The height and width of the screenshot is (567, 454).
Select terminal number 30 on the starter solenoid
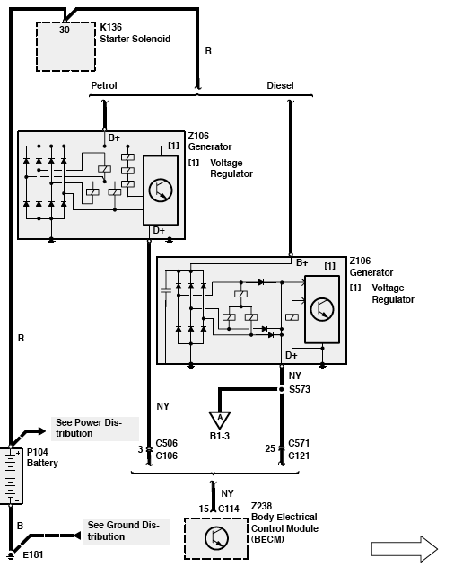click(65, 30)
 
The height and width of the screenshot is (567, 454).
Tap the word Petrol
click(104, 85)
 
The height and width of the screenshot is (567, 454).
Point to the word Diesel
click(280, 85)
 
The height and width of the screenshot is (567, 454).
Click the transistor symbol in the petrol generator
click(161, 190)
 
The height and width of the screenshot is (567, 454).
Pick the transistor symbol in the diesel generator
click(322, 309)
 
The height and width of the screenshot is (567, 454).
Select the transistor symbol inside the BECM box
click(216, 538)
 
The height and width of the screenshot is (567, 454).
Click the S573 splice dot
click(282, 389)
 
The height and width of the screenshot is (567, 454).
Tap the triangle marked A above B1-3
click(220, 420)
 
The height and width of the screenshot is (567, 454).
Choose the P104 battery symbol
click(11, 476)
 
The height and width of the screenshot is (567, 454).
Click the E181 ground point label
click(33, 554)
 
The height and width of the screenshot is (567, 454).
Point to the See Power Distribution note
click(89, 428)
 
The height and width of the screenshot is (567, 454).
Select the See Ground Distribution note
click(123, 530)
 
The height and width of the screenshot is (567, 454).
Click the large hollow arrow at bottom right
click(405, 549)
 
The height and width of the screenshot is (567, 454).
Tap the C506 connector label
click(167, 443)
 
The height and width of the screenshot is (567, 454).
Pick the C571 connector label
click(299, 443)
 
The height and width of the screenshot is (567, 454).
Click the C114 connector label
click(229, 509)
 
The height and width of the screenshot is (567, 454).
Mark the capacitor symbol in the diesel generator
click(165, 290)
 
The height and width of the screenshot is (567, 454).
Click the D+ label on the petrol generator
click(159, 230)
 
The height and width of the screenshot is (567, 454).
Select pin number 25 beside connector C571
click(270, 448)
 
